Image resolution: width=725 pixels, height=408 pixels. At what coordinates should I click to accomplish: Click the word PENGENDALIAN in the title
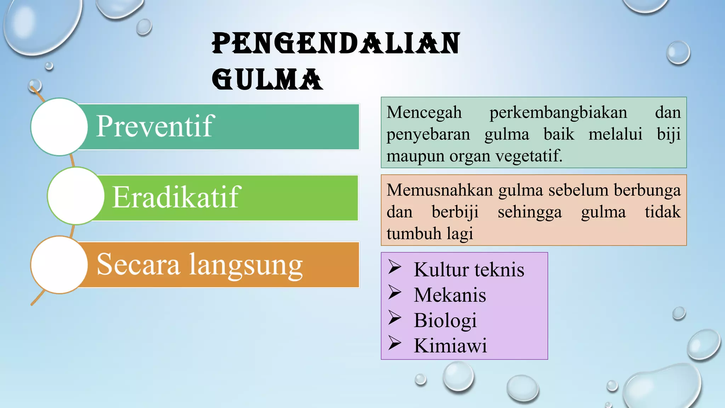click(336, 44)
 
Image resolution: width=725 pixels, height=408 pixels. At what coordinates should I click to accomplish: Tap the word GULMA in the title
click(267, 79)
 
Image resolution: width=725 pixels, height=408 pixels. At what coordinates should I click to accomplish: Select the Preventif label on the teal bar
click(155, 126)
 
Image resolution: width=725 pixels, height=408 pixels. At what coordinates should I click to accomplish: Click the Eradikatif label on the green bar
click(176, 197)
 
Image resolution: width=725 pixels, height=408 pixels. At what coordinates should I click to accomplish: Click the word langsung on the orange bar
click(246, 266)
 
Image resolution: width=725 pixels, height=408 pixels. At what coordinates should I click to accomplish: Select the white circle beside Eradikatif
click(76, 196)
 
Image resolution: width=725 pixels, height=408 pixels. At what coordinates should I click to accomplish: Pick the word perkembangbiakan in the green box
click(558, 113)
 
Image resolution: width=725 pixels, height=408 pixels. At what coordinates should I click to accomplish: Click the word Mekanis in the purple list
click(450, 295)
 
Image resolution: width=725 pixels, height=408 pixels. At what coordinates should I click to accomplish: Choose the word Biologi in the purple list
click(445, 321)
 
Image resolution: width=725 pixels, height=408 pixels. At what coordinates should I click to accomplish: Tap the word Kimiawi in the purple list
click(450, 346)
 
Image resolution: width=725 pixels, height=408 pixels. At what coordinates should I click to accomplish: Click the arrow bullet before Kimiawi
click(394, 343)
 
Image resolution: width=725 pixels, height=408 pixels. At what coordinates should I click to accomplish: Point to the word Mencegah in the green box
click(424, 113)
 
